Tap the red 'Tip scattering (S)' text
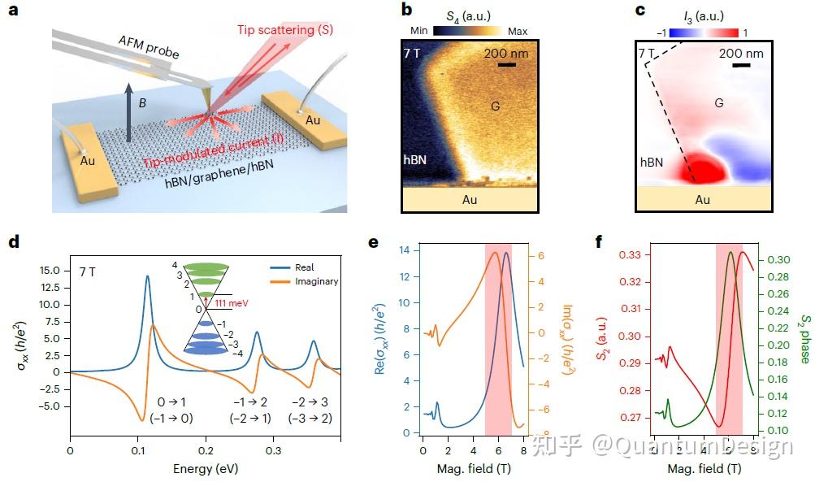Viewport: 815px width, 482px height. point(285,30)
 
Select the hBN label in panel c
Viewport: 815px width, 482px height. point(650,162)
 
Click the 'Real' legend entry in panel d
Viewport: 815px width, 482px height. point(305,267)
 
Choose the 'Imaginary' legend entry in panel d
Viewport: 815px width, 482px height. point(316,281)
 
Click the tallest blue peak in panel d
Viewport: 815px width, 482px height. point(147,277)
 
